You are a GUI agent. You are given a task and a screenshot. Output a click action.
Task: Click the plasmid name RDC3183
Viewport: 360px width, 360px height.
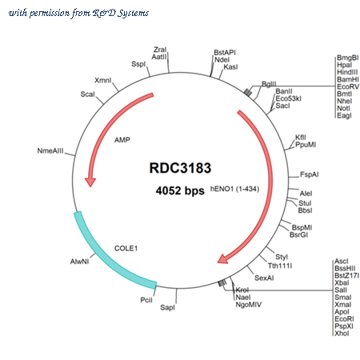coord(180,168)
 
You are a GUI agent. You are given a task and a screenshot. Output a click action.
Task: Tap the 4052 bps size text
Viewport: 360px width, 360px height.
coord(180,190)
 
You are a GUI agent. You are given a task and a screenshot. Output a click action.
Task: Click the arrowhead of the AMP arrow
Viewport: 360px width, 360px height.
coord(90,182)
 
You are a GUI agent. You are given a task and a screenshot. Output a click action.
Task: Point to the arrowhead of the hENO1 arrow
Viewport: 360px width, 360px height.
coord(223,259)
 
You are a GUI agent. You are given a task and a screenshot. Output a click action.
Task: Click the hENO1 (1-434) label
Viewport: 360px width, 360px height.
coord(234,189)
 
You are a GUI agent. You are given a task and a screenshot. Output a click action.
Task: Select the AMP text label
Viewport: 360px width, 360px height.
coord(122,140)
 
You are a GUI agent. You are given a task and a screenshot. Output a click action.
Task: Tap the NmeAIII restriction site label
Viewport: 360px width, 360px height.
coord(50,151)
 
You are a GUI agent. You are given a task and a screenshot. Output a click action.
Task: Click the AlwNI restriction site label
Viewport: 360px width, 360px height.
coord(79,262)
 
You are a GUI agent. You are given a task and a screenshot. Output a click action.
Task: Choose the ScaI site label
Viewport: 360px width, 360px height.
coord(87,94)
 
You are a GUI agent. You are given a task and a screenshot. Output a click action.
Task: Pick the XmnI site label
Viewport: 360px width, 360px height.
coord(103,80)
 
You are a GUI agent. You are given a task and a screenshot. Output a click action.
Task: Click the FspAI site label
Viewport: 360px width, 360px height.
coord(310,174)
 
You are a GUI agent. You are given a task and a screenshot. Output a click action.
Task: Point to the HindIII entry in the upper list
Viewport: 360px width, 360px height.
coord(347,72)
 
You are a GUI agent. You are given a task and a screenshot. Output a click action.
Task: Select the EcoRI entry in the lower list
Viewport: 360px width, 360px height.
coord(344,319)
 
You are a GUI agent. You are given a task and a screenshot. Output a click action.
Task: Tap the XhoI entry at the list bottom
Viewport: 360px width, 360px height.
coord(342,334)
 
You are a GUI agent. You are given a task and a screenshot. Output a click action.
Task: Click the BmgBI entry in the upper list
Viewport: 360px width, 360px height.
coord(347,58)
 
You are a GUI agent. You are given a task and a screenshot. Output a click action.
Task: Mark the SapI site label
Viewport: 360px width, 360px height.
coord(167,307)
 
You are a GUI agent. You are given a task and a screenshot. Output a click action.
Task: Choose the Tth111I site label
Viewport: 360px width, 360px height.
coord(280,266)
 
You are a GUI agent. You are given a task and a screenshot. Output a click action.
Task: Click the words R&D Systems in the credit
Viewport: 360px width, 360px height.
coord(121,13)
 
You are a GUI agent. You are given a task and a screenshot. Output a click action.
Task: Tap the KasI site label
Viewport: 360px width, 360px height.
coord(230,67)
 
